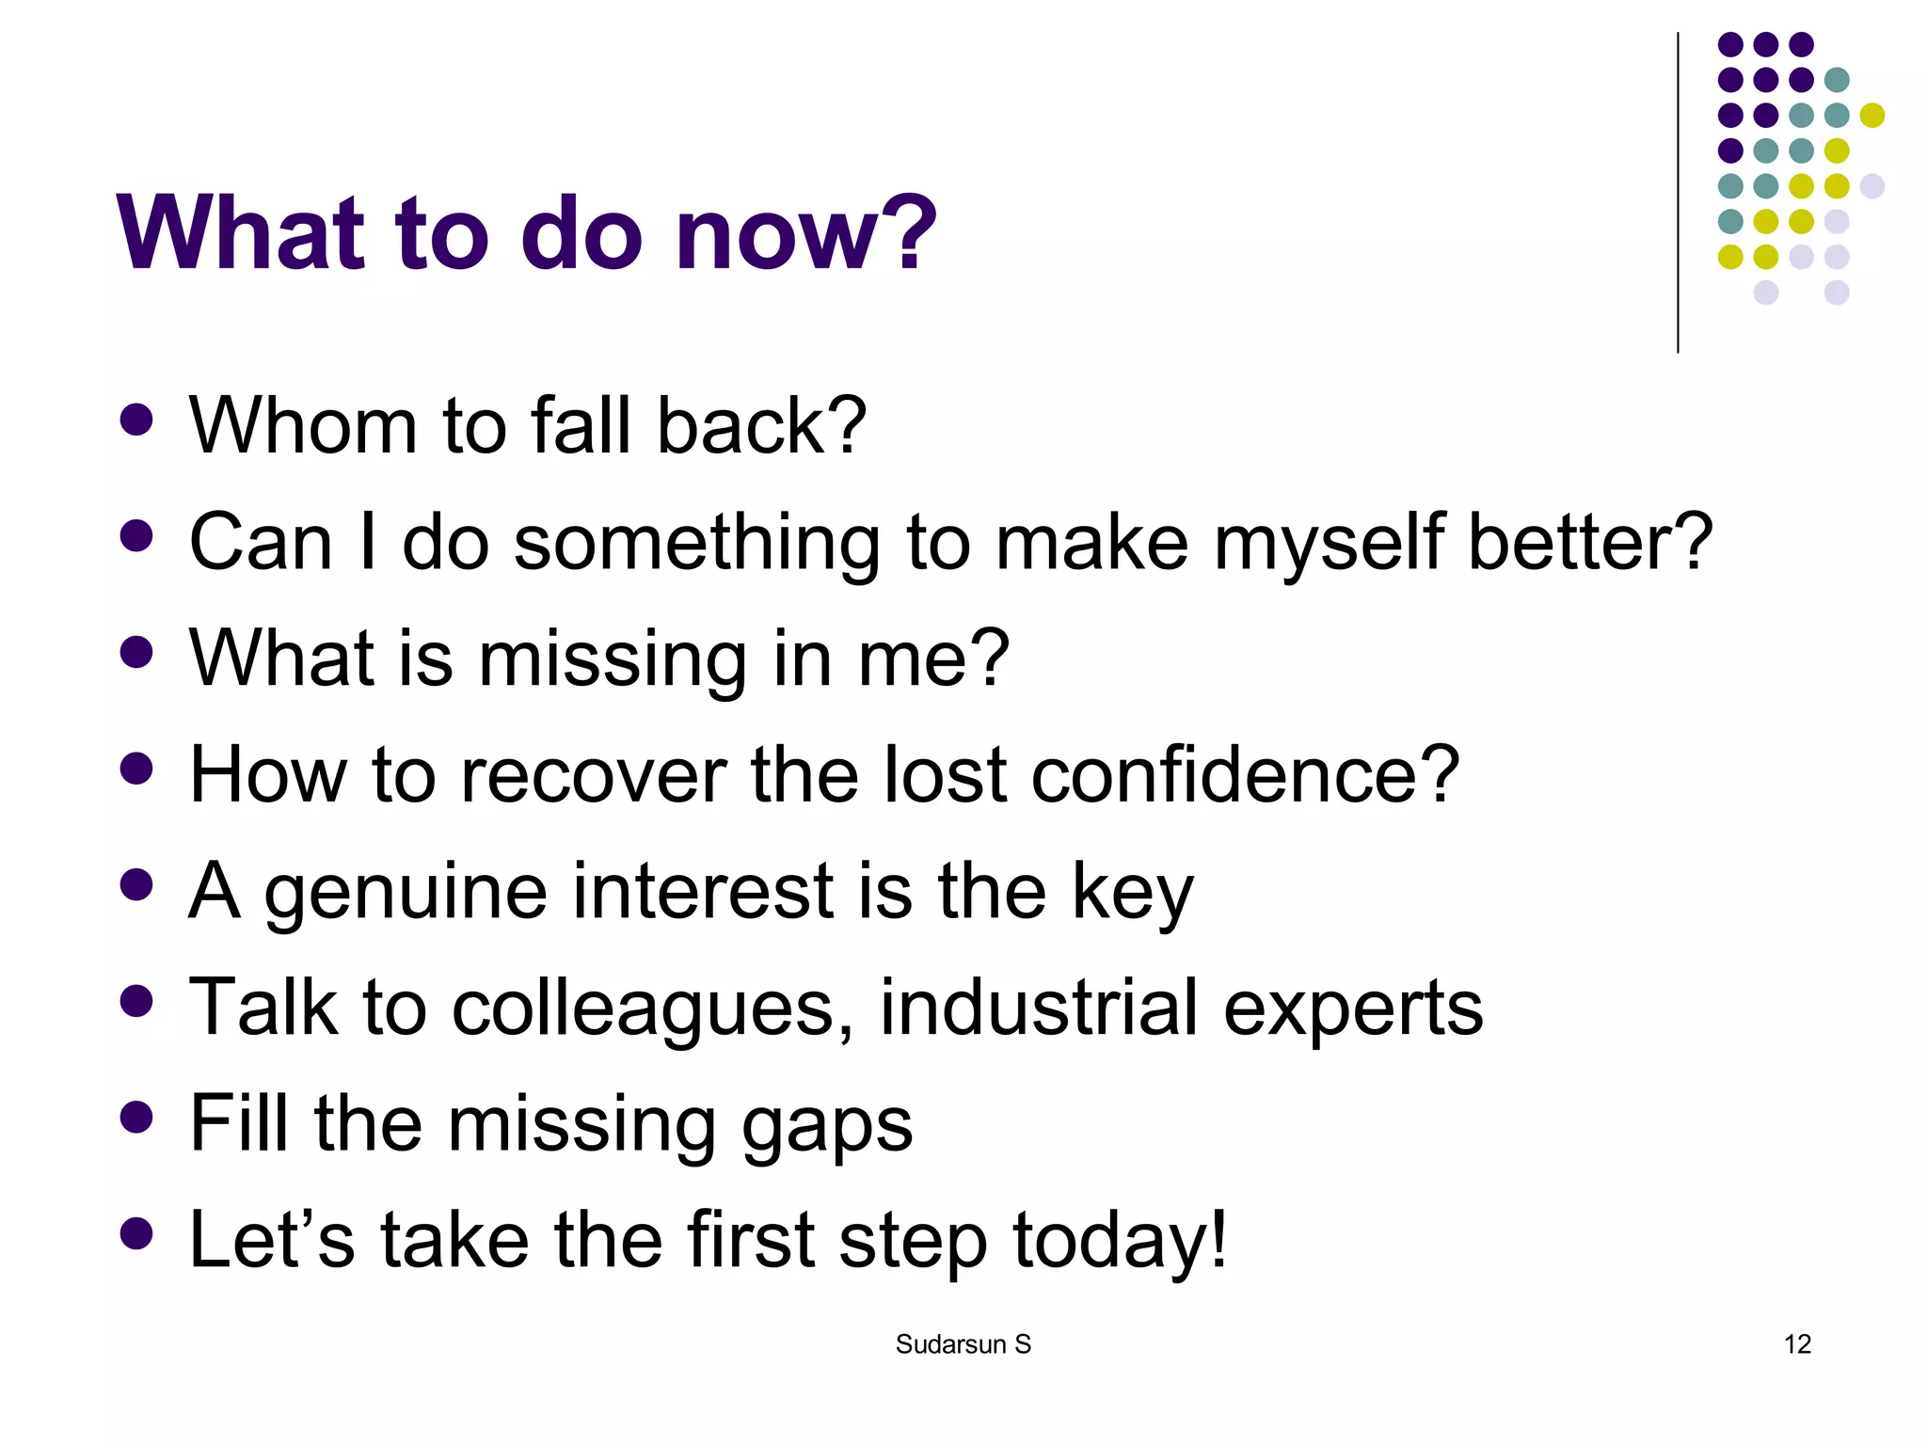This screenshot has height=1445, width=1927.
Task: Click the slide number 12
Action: [x=1797, y=1344]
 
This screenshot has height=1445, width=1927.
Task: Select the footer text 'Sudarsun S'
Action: [x=963, y=1344]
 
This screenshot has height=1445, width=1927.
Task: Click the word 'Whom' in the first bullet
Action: [x=302, y=426]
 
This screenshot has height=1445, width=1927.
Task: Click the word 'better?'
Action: [x=1589, y=543]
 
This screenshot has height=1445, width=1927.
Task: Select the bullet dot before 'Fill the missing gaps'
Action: [x=137, y=1118]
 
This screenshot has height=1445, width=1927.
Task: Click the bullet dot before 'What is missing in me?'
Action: [x=137, y=653]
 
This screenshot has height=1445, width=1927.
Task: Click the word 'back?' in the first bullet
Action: [x=760, y=426]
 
